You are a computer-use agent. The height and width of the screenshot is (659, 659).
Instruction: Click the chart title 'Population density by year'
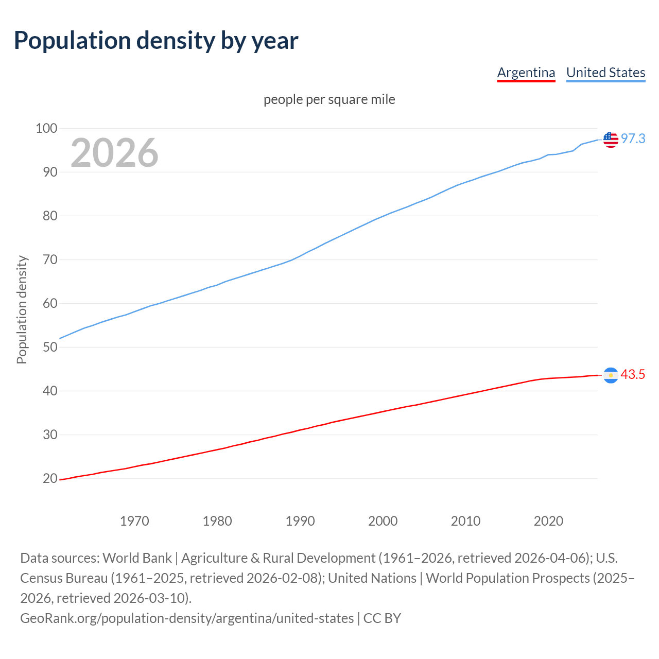(156, 41)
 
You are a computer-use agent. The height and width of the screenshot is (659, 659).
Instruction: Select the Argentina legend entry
(526, 73)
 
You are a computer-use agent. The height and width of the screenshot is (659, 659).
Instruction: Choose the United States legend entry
(605, 73)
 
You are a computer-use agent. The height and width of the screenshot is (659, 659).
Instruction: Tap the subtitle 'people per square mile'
(329, 99)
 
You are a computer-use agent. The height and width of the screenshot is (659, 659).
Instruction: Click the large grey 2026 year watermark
(114, 153)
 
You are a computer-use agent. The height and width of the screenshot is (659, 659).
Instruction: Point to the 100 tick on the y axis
(46, 128)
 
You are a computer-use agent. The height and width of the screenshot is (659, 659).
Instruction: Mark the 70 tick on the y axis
(49, 259)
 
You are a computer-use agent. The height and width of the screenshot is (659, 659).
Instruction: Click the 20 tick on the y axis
(49, 478)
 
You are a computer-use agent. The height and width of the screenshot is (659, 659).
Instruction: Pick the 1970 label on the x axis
(134, 521)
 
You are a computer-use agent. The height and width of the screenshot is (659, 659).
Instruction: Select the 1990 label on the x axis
(300, 521)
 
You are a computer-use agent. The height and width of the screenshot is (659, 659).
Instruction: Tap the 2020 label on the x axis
(548, 521)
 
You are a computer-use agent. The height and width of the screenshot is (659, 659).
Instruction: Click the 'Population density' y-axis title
(22, 310)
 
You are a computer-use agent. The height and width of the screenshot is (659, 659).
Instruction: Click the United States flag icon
(611, 139)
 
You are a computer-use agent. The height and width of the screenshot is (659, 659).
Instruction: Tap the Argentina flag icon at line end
(611, 375)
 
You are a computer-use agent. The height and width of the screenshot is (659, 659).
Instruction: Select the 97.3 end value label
(633, 139)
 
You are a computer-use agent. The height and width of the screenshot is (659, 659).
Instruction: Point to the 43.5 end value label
(633, 375)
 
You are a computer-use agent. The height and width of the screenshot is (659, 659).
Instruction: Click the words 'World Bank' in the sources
(137, 558)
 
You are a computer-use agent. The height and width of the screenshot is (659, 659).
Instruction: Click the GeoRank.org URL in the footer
(186, 618)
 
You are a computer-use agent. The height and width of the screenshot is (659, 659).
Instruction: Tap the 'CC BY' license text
(382, 618)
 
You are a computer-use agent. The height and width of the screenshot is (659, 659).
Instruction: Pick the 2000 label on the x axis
(383, 521)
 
